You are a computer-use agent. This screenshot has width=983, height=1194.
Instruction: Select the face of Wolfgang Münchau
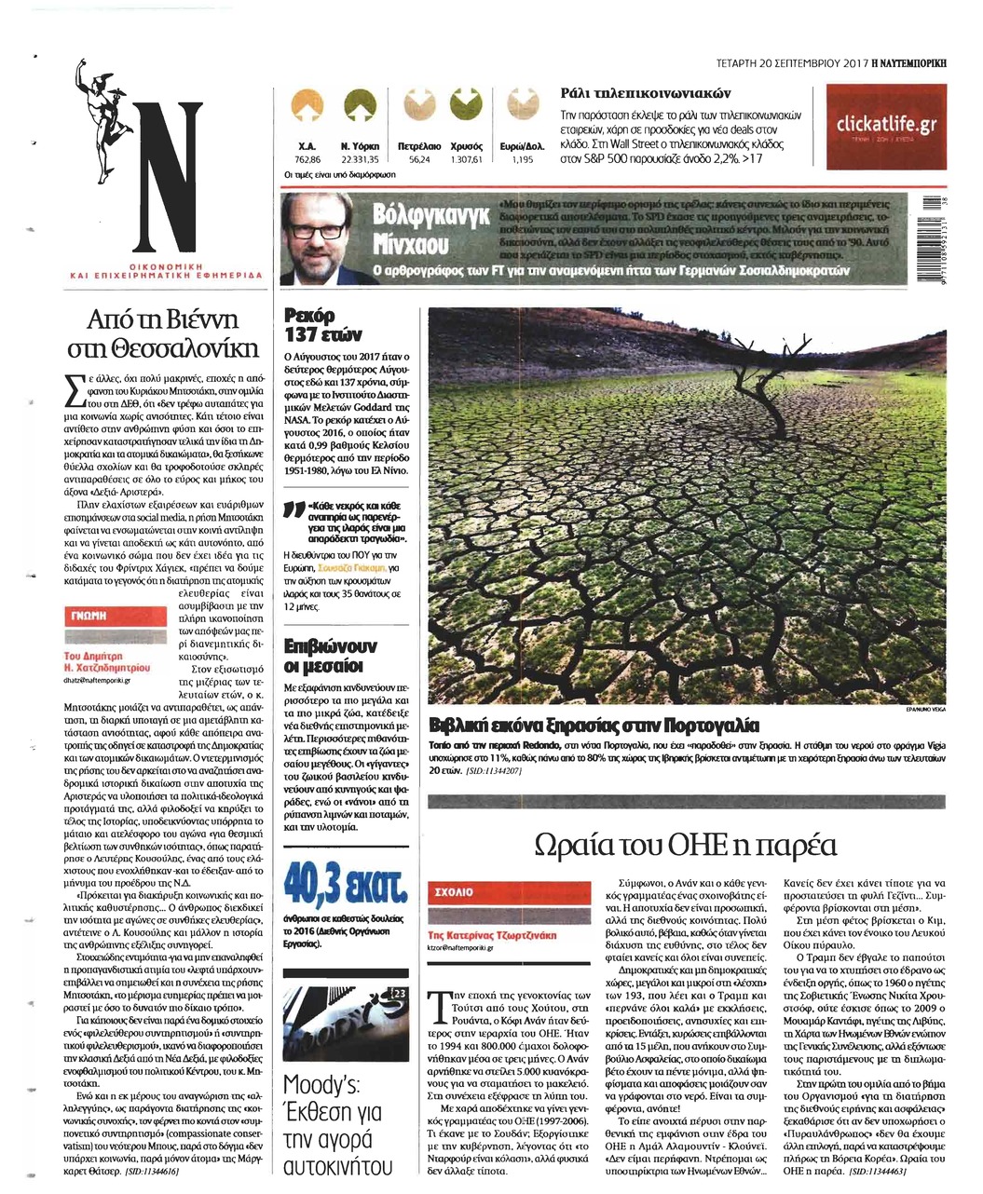click(316, 237)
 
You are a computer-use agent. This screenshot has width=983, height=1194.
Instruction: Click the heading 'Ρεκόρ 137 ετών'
click(316, 327)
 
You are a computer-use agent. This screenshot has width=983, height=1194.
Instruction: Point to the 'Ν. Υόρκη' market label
click(357, 147)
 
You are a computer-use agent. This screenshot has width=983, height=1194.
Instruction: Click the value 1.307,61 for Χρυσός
click(464, 160)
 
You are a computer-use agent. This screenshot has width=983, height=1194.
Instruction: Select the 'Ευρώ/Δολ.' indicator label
click(523, 147)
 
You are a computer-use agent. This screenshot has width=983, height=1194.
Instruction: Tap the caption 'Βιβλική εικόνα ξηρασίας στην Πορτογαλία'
click(594, 726)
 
